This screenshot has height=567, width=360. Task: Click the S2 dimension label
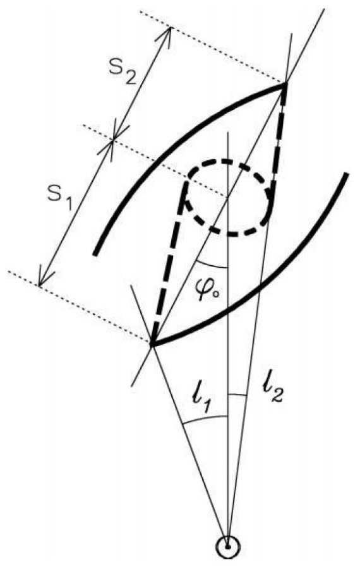point(123,75)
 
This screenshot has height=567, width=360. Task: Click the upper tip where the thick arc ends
point(285,84)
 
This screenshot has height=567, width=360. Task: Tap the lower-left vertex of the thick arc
point(153,344)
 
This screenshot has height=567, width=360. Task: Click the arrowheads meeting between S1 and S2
point(114,140)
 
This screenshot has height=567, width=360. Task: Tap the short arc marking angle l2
point(238,395)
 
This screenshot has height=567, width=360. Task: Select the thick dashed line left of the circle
point(169,262)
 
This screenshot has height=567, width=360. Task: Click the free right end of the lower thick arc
point(346,174)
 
